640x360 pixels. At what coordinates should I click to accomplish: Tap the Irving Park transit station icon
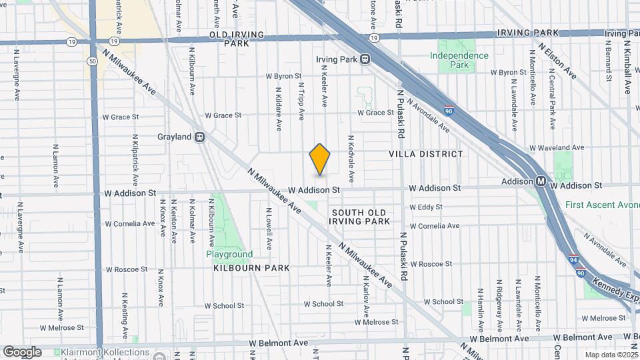click(x=365, y=59)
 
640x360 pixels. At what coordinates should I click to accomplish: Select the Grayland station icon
click(x=199, y=137)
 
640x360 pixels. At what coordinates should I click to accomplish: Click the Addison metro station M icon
click(x=541, y=181)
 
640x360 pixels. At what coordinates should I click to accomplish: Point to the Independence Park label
click(x=459, y=60)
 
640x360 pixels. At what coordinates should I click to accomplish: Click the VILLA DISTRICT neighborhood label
click(x=425, y=154)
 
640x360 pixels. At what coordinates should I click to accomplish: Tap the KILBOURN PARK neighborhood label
click(x=251, y=268)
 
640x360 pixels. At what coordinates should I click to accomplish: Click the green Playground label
click(x=229, y=254)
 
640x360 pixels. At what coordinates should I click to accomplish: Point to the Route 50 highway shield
click(x=92, y=61)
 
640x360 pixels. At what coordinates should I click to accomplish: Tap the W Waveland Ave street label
click(x=557, y=147)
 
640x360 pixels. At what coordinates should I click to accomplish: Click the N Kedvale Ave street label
click(x=351, y=160)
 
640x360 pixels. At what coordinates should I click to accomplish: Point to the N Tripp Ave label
click(x=301, y=101)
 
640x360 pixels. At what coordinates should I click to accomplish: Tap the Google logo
click(x=22, y=352)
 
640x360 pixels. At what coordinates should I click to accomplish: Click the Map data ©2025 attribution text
click(x=609, y=355)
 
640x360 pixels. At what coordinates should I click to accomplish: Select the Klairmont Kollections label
click(x=111, y=352)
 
